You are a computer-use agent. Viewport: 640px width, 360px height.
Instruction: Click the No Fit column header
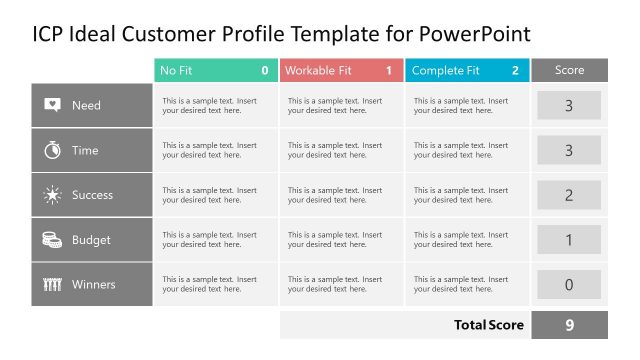[215, 71]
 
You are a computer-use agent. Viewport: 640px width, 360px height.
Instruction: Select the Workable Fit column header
[341, 71]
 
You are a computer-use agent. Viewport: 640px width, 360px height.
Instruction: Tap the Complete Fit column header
[466, 71]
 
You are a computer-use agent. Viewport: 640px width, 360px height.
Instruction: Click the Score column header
[569, 71]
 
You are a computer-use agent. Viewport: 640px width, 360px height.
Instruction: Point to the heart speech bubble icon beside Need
[53, 105]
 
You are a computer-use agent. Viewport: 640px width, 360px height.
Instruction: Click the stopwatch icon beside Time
[53, 150]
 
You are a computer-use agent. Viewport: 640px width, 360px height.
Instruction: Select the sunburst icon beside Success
[53, 195]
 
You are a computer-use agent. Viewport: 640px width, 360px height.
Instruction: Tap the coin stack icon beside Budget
[53, 240]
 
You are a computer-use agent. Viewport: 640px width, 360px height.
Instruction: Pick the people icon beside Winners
[53, 285]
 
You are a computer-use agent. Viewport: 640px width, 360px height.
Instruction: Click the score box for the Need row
[569, 105]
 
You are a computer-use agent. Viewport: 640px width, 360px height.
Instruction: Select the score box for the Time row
[569, 150]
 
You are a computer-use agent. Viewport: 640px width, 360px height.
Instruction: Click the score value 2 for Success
[569, 195]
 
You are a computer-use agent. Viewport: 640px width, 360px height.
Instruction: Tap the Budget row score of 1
[569, 240]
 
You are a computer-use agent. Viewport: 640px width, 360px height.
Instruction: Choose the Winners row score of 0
[569, 285]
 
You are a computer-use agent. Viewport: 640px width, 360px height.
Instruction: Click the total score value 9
[569, 325]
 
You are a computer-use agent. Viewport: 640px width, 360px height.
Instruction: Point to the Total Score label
[489, 325]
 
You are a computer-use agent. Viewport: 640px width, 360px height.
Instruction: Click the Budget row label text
[91, 240]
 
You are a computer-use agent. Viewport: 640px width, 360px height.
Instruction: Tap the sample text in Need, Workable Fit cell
[335, 105]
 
